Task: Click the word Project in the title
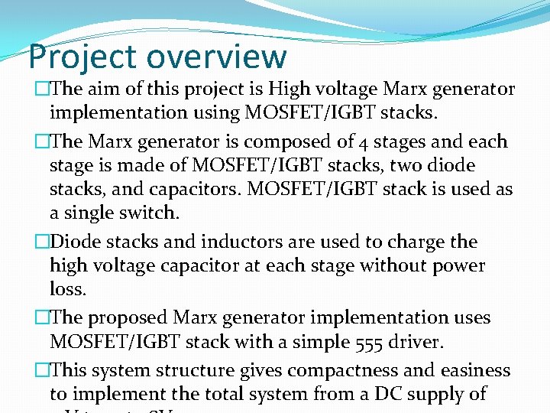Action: point(82,57)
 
